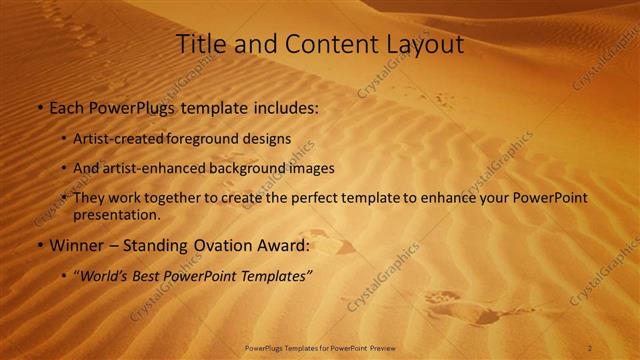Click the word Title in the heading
197,45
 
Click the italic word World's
103,276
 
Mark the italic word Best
148,276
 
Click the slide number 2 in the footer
590,348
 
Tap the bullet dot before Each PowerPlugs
39,107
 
